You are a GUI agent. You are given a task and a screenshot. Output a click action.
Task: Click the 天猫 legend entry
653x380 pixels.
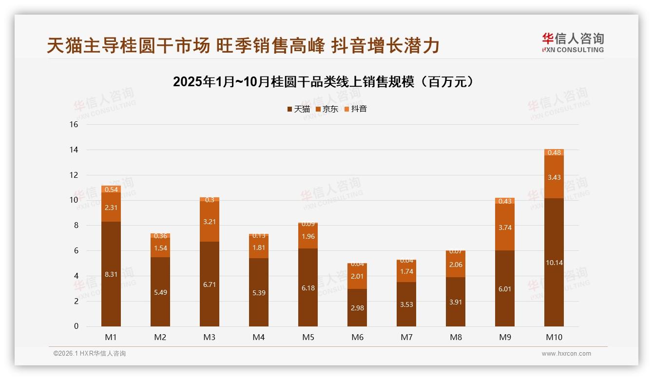tap(298, 109)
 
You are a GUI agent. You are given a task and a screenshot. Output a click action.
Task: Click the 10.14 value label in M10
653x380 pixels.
tap(554, 263)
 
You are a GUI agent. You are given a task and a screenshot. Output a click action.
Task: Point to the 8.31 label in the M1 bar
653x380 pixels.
tap(111, 274)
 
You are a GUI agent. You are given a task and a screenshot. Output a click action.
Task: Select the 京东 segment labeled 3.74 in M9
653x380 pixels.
tap(505, 228)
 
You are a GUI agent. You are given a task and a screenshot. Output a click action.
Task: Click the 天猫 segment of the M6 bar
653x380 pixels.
tap(357, 308)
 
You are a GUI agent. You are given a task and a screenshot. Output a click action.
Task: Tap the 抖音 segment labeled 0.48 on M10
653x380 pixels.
tap(554, 152)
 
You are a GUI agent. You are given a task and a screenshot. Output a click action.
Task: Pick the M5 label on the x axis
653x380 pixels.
tap(308, 337)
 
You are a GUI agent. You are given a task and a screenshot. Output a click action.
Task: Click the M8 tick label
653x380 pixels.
tap(456, 337)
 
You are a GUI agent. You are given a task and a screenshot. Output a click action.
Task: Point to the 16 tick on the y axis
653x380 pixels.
tap(74, 125)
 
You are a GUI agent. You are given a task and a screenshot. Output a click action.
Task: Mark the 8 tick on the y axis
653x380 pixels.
tap(76, 226)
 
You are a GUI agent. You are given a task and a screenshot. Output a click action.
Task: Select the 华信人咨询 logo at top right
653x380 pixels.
tap(573, 43)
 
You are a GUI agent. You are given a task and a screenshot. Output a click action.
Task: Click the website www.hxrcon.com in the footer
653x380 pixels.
tap(566, 354)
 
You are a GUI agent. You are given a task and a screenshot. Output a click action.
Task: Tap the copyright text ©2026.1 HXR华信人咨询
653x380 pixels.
tap(90, 354)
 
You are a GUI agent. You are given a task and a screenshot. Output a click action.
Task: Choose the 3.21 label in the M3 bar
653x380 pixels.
tap(210, 222)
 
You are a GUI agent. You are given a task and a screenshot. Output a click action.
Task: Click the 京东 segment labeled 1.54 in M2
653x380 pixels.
tap(160, 248)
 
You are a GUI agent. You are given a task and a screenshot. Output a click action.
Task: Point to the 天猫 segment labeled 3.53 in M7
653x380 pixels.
tap(406, 304)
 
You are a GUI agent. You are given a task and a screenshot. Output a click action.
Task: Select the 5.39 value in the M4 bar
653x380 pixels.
tap(259, 293)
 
